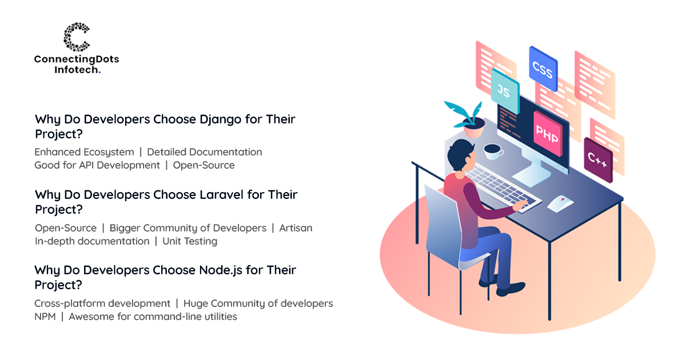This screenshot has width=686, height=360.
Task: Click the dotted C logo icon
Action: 76,37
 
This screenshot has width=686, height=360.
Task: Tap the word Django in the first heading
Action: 221,120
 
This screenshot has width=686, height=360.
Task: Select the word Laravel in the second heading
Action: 221,195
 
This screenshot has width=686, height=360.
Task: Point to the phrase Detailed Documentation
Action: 204,152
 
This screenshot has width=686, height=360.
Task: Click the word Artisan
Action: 296,228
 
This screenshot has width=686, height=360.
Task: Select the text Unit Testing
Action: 190,242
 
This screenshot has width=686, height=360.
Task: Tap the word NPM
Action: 45,317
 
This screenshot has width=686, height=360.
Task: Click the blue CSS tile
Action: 543,69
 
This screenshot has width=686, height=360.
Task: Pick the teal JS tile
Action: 505,91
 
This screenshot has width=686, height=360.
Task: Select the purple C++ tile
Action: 598,160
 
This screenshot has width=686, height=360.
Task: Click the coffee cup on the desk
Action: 493,151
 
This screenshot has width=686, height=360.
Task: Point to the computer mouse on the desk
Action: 560,203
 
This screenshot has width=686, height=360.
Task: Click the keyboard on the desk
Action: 502,188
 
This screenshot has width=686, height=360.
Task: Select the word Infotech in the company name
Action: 76,70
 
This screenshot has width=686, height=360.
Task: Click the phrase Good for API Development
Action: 97,165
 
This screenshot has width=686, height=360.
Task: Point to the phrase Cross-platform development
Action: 102,303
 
